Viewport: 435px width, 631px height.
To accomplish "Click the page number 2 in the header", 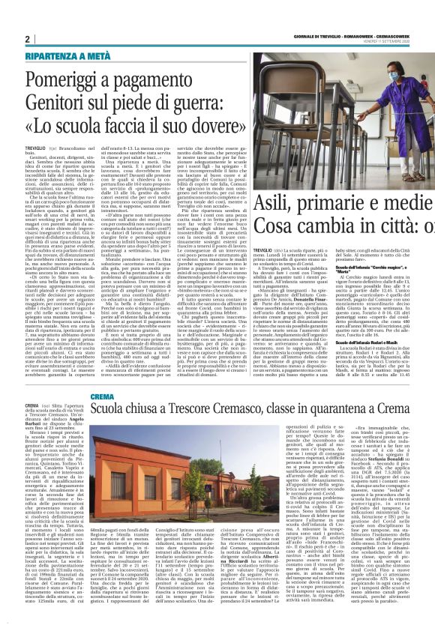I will (x=27, y=39).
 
